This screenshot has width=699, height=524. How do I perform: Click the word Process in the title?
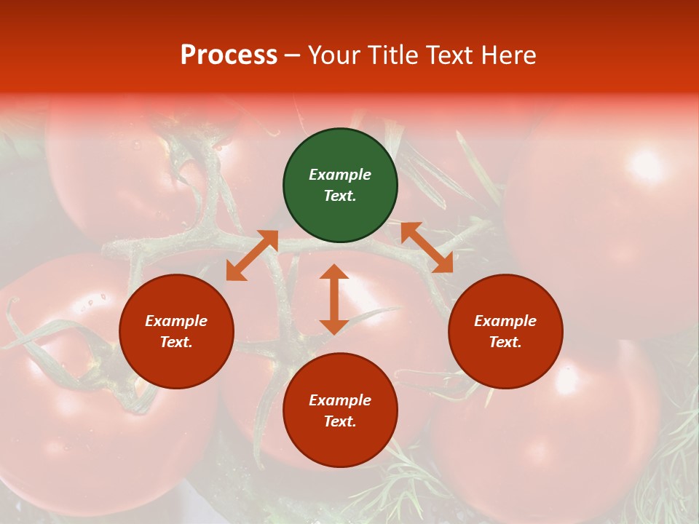click(x=229, y=55)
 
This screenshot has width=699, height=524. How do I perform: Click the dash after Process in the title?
click(x=292, y=56)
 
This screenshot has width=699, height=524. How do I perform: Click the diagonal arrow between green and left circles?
click(x=252, y=255)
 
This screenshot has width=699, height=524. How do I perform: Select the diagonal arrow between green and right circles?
click(x=427, y=247)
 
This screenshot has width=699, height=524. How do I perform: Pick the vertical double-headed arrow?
click(x=334, y=299)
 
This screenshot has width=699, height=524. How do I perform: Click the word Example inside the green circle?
click(x=340, y=175)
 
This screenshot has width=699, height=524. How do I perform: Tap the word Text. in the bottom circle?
click(x=340, y=421)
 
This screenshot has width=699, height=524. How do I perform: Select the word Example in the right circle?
click(x=505, y=321)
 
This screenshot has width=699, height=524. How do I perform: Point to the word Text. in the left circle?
click(x=176, y=342)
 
